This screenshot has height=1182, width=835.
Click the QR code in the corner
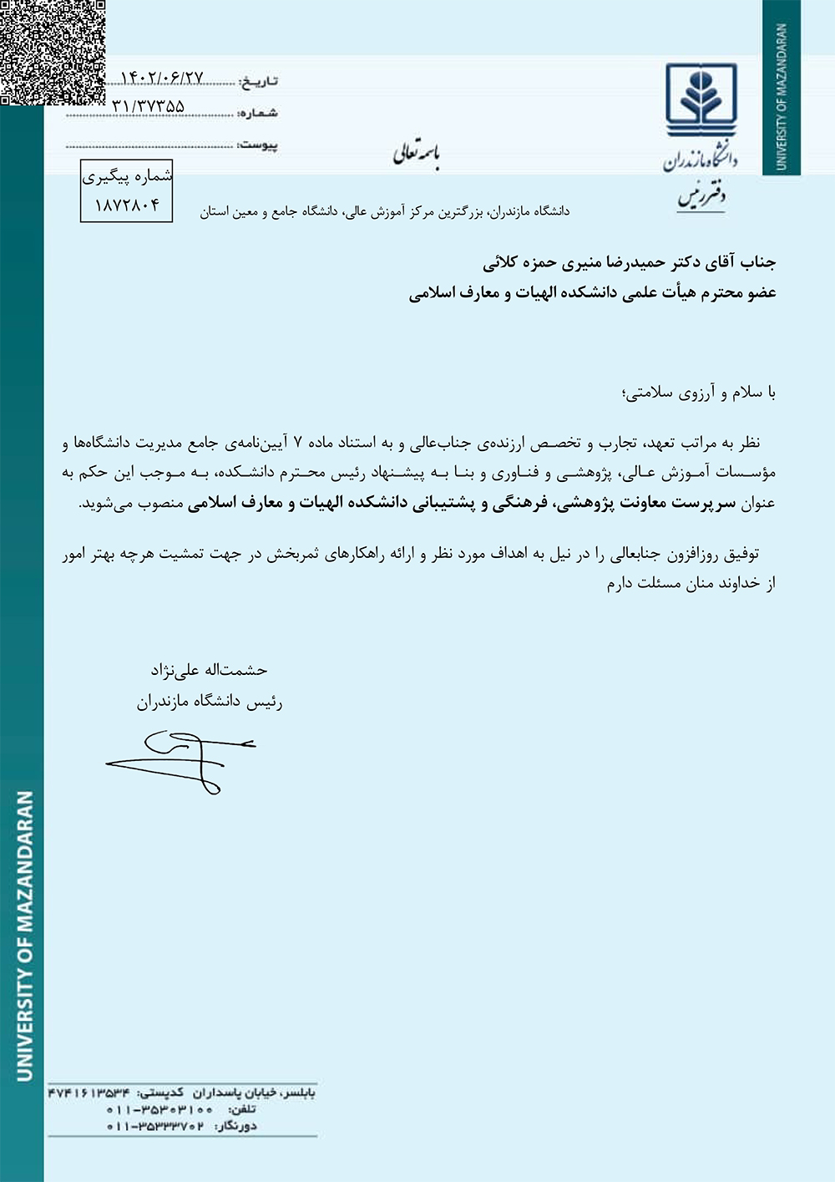(52, 52)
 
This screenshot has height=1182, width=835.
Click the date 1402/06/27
(162, 78)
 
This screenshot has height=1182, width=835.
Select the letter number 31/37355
(148, 106)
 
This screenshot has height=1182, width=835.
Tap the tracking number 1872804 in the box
(126, 205)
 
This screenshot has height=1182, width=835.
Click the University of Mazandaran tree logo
(701, 100)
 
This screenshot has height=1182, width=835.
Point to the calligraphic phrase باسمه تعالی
(416, 154)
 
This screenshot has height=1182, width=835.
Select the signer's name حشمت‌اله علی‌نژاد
(209, 670)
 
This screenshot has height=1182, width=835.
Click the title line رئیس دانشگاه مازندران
(210, 702)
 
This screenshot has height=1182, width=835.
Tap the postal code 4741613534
(89, 1093)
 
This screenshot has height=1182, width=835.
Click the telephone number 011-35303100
(159, 1109)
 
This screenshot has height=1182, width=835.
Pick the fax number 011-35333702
(155, 1126)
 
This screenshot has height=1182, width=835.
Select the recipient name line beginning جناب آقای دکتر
(630, 262)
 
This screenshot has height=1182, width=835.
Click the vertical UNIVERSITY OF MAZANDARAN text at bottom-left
(25, 936)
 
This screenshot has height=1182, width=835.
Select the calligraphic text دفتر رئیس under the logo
(701, 197)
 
